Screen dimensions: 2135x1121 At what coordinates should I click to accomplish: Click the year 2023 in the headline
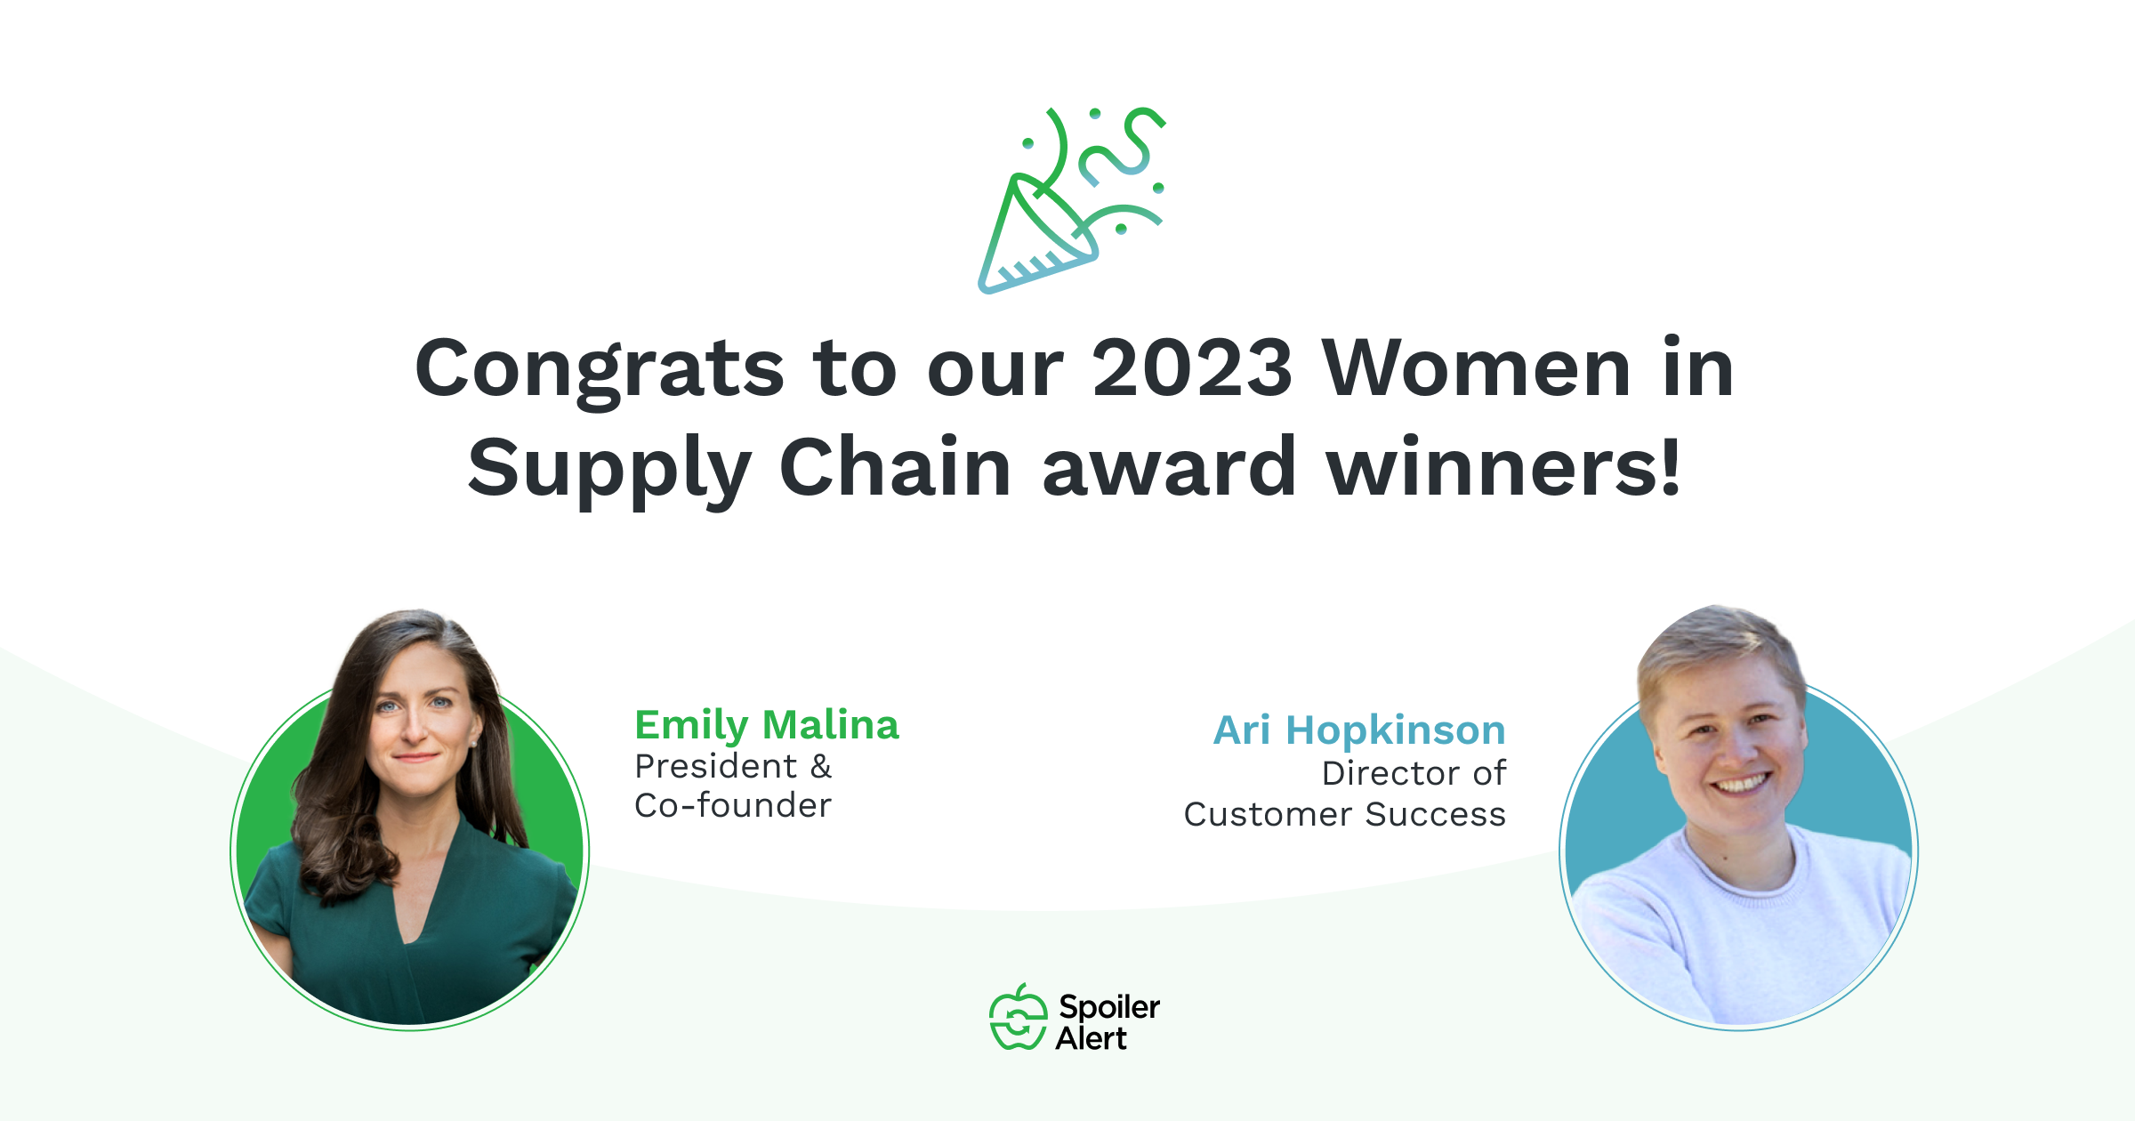[1192, 367]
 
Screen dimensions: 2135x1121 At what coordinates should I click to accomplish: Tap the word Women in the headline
[1477, 367]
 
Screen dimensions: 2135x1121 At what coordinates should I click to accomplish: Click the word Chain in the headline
[895, 466]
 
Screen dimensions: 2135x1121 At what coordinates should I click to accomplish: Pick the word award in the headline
[1169, 466]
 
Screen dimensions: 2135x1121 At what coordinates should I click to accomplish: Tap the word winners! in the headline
[1503, 466]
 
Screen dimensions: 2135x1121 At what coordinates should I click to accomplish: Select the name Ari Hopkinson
[1360, 730]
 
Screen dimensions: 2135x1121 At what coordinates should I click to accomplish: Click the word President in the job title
[716, 766]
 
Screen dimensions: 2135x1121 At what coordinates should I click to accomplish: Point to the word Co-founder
[733, 805]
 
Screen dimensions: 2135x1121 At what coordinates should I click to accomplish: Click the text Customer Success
[1345, 814]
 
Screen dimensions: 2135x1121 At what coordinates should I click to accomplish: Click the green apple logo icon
[1019, 1017]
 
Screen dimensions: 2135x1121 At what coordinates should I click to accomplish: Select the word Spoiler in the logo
[1109, 1008]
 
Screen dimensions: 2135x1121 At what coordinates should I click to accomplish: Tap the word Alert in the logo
[1092, 1038]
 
